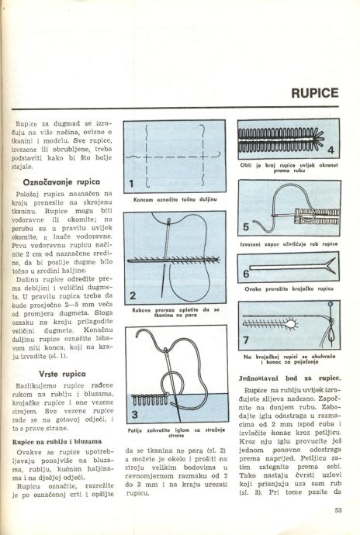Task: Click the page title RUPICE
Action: click(314, 93)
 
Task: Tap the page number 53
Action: click(338, 510)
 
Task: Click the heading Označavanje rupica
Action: click(61, 182)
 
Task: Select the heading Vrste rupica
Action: click(62, 374)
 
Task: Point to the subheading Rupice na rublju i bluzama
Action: click(57, 442)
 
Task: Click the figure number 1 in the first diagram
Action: click(131, 184)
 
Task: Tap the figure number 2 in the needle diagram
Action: click(133, 295)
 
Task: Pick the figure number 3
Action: click(135, 415)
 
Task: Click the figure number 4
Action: click(331, 150)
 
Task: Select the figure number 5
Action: click(246, 227)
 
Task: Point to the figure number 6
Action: click(246, 274)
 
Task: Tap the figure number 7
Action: click(246, 340)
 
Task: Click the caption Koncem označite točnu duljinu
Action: click(175, 199)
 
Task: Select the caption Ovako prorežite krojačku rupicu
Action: click(289, 289)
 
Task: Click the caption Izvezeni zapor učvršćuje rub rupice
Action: click(289, 244)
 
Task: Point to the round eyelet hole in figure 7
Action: click(292, 323)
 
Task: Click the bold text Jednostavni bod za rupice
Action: click(289, 378)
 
